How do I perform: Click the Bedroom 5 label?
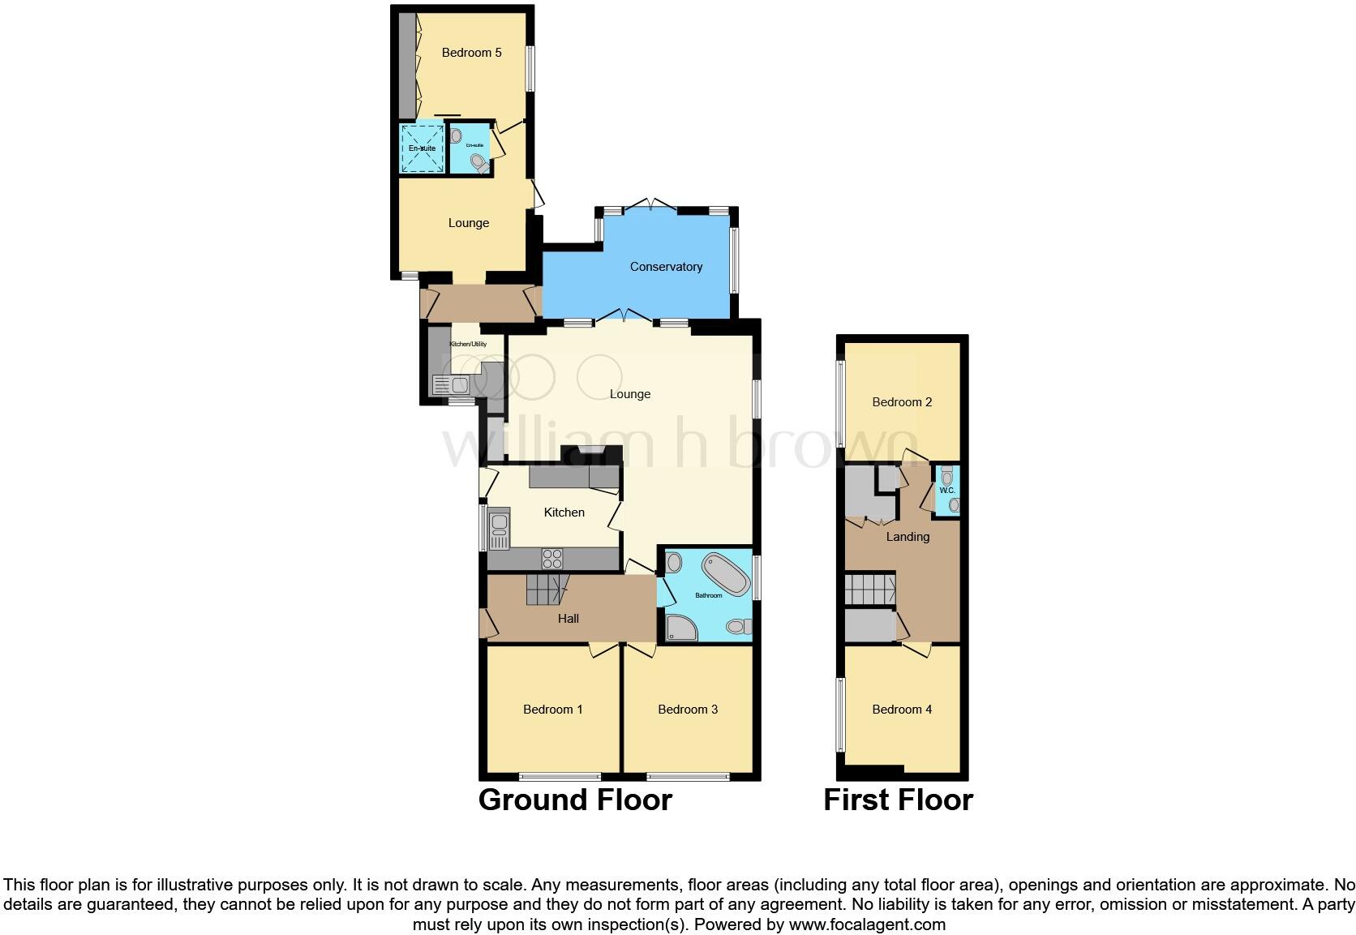[x=471, y=53]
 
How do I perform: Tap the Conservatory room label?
[x=666, y=267]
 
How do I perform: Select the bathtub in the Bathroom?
[x=725, y=573]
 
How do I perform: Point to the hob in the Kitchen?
[x=552, y=558]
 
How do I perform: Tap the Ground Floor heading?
[x=575, y=800]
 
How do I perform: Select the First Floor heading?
[x=898, y=800]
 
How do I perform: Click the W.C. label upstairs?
[x=946, y=491]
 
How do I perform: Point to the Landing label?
[x=908, y=537]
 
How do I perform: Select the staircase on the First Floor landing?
[x=869, y=590]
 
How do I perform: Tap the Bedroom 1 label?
[x=552, y=710]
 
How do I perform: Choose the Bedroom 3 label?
[x=688, y=710]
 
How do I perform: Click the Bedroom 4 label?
[x=902, y=710]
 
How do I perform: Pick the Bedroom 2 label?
[x=902, y=402]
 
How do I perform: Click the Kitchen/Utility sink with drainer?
[x=451, y=384]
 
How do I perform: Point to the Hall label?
[x=568, y=619]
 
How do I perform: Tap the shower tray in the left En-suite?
[x=422, y=148]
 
